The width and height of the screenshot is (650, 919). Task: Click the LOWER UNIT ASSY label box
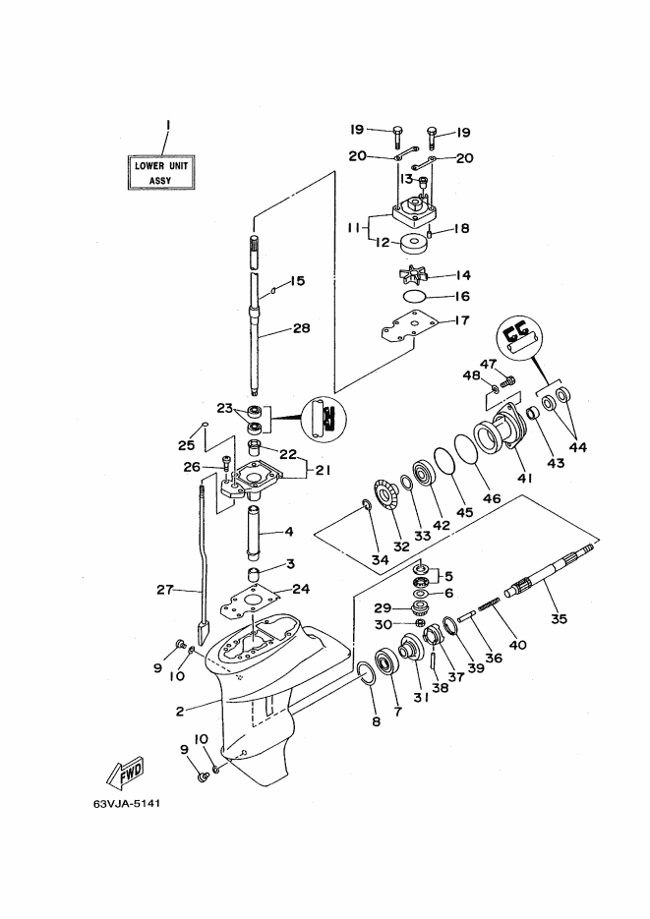pyautogui.click(x=161, y=172)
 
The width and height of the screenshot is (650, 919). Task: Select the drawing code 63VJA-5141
pyautogui.click(x=126, y=803)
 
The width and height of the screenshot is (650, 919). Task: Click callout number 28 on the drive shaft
pyautogui.click(x=301, y=328)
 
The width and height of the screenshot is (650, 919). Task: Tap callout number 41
pyautogui.click(x=524, y=478)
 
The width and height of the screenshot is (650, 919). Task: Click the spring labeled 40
pyautogui.click(x=489, y=603)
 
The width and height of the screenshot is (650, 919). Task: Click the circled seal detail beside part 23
pyautogui.click(x=323, y=420)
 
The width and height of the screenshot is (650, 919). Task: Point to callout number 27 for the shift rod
pyautogui.click(x=164, y=589)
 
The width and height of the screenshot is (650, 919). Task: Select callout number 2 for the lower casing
pyautogui.click(x=180, y=712)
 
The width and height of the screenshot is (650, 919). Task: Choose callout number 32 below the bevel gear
pyautogui.click(x=401, y=546)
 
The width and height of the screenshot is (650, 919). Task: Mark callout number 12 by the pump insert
pyautogui.click(x=383, y=242)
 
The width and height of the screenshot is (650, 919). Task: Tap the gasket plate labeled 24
pyautogui.click(x=250, y=603)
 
